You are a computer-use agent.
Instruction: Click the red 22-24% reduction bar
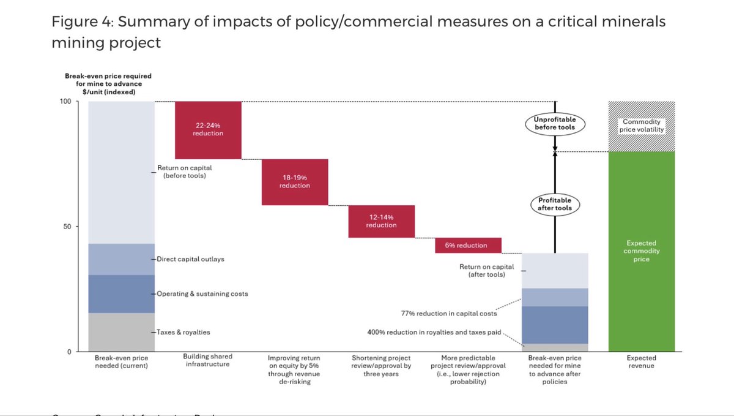tap(209, 130)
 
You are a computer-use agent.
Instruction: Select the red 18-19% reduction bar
tap(295, 182)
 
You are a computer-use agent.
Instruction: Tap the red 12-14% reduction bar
tap(381, 221)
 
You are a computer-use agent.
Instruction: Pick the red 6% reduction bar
tap(468, 245)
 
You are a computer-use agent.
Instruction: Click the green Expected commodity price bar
tap(642, 251)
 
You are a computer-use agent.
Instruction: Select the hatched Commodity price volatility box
tap(642, 126)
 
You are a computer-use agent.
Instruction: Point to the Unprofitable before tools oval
tap(554, 124)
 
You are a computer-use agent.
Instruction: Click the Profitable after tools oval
tap(554, 205)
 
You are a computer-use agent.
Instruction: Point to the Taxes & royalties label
tap(183, 332)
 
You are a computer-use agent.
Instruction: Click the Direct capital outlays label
tap(190, 259)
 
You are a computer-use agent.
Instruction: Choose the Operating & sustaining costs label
tap(202, 294)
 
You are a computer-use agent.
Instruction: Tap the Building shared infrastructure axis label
tap(208, 361)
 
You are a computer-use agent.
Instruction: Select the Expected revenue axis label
tap(641, 361)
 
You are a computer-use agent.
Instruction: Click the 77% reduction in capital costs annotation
tap(448, 313)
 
